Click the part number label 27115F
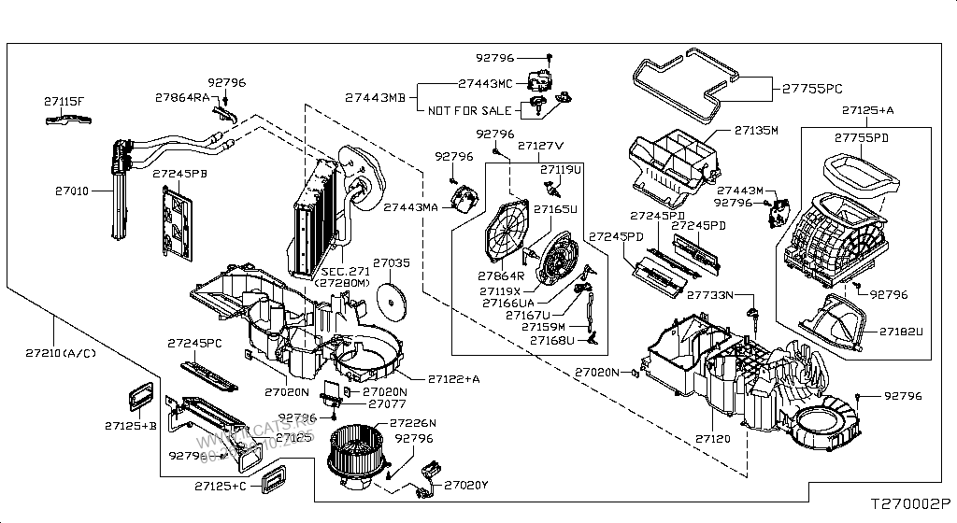(x=64, y=100)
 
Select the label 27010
(x=71, y=190)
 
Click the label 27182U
(x=900, y=331)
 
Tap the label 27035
(x=391, y=264)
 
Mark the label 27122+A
(x=454, y=378)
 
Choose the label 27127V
(x=541, y=147)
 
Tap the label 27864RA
(x=182, y=96)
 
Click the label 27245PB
(x=179, y=173)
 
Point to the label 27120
(x=712, y=437)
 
